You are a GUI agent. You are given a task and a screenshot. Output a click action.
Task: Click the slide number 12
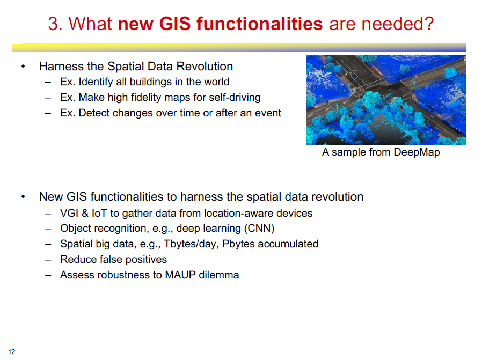click(x=12, y=352)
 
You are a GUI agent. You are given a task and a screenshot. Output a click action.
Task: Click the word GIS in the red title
click(x=175, y=24)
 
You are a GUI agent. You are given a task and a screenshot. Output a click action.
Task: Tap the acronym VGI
click(x=69, y=213)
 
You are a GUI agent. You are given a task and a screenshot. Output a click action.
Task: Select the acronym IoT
click(x=99, y=213)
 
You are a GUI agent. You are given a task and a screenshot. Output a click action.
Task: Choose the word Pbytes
click(x=238, y=244)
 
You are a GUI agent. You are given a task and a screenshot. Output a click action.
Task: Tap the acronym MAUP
click(x=180, y=275)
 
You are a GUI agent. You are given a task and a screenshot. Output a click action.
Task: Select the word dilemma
click(x=218, y=275)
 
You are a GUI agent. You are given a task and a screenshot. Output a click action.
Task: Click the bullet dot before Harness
click(x=23, y=67)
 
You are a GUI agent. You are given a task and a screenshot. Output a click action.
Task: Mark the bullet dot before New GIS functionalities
click(x=23, y=197)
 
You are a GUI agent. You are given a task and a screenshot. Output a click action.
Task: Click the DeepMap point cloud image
click(x=386, y=100)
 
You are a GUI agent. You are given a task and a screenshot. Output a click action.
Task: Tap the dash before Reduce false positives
click(x=48, y=260)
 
